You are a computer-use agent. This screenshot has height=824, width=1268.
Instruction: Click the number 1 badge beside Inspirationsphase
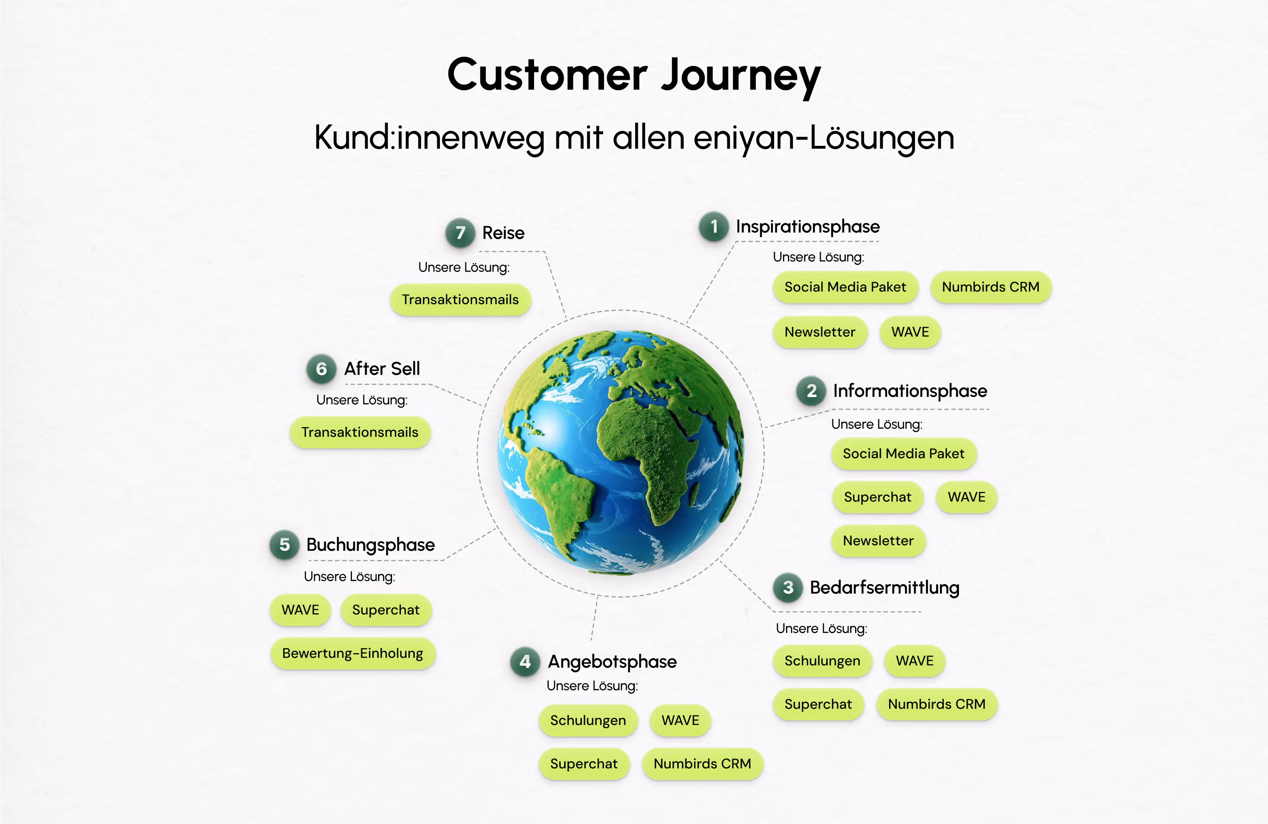click(714, 227)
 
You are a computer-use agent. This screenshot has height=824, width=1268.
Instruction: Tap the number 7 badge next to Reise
click(460, 233)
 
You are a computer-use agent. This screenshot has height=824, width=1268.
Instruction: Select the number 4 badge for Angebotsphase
click(525, 662)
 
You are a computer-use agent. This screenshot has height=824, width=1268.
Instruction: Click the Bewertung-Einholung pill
click(353, 653)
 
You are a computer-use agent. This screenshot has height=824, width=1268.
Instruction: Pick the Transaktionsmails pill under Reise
click(460, 300)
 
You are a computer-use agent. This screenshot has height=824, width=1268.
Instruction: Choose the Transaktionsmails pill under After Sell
click(360, 432)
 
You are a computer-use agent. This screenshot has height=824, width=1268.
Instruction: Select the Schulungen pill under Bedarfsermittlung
click(822, 661)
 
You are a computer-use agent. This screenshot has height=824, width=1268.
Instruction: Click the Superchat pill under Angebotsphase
click(584, 764)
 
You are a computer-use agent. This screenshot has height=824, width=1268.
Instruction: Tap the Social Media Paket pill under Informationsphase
click(904, 454)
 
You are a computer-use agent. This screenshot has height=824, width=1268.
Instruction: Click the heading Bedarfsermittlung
click(884, 588)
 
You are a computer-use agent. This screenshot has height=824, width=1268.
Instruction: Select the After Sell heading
click(382, 368)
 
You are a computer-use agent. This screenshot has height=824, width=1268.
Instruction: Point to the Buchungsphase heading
click(370, 545)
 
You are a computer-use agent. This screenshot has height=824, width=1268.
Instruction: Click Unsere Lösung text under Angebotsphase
click(592, 686)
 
